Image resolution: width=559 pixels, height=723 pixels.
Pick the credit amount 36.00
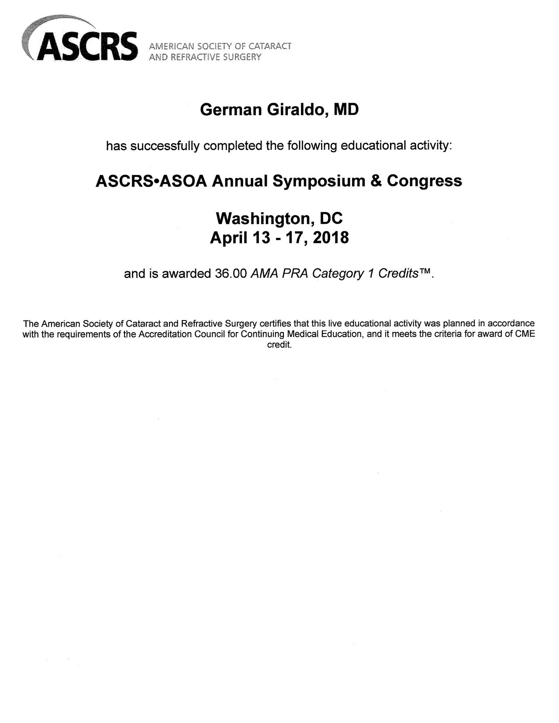232,274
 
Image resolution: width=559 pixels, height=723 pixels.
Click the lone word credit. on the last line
279,345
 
